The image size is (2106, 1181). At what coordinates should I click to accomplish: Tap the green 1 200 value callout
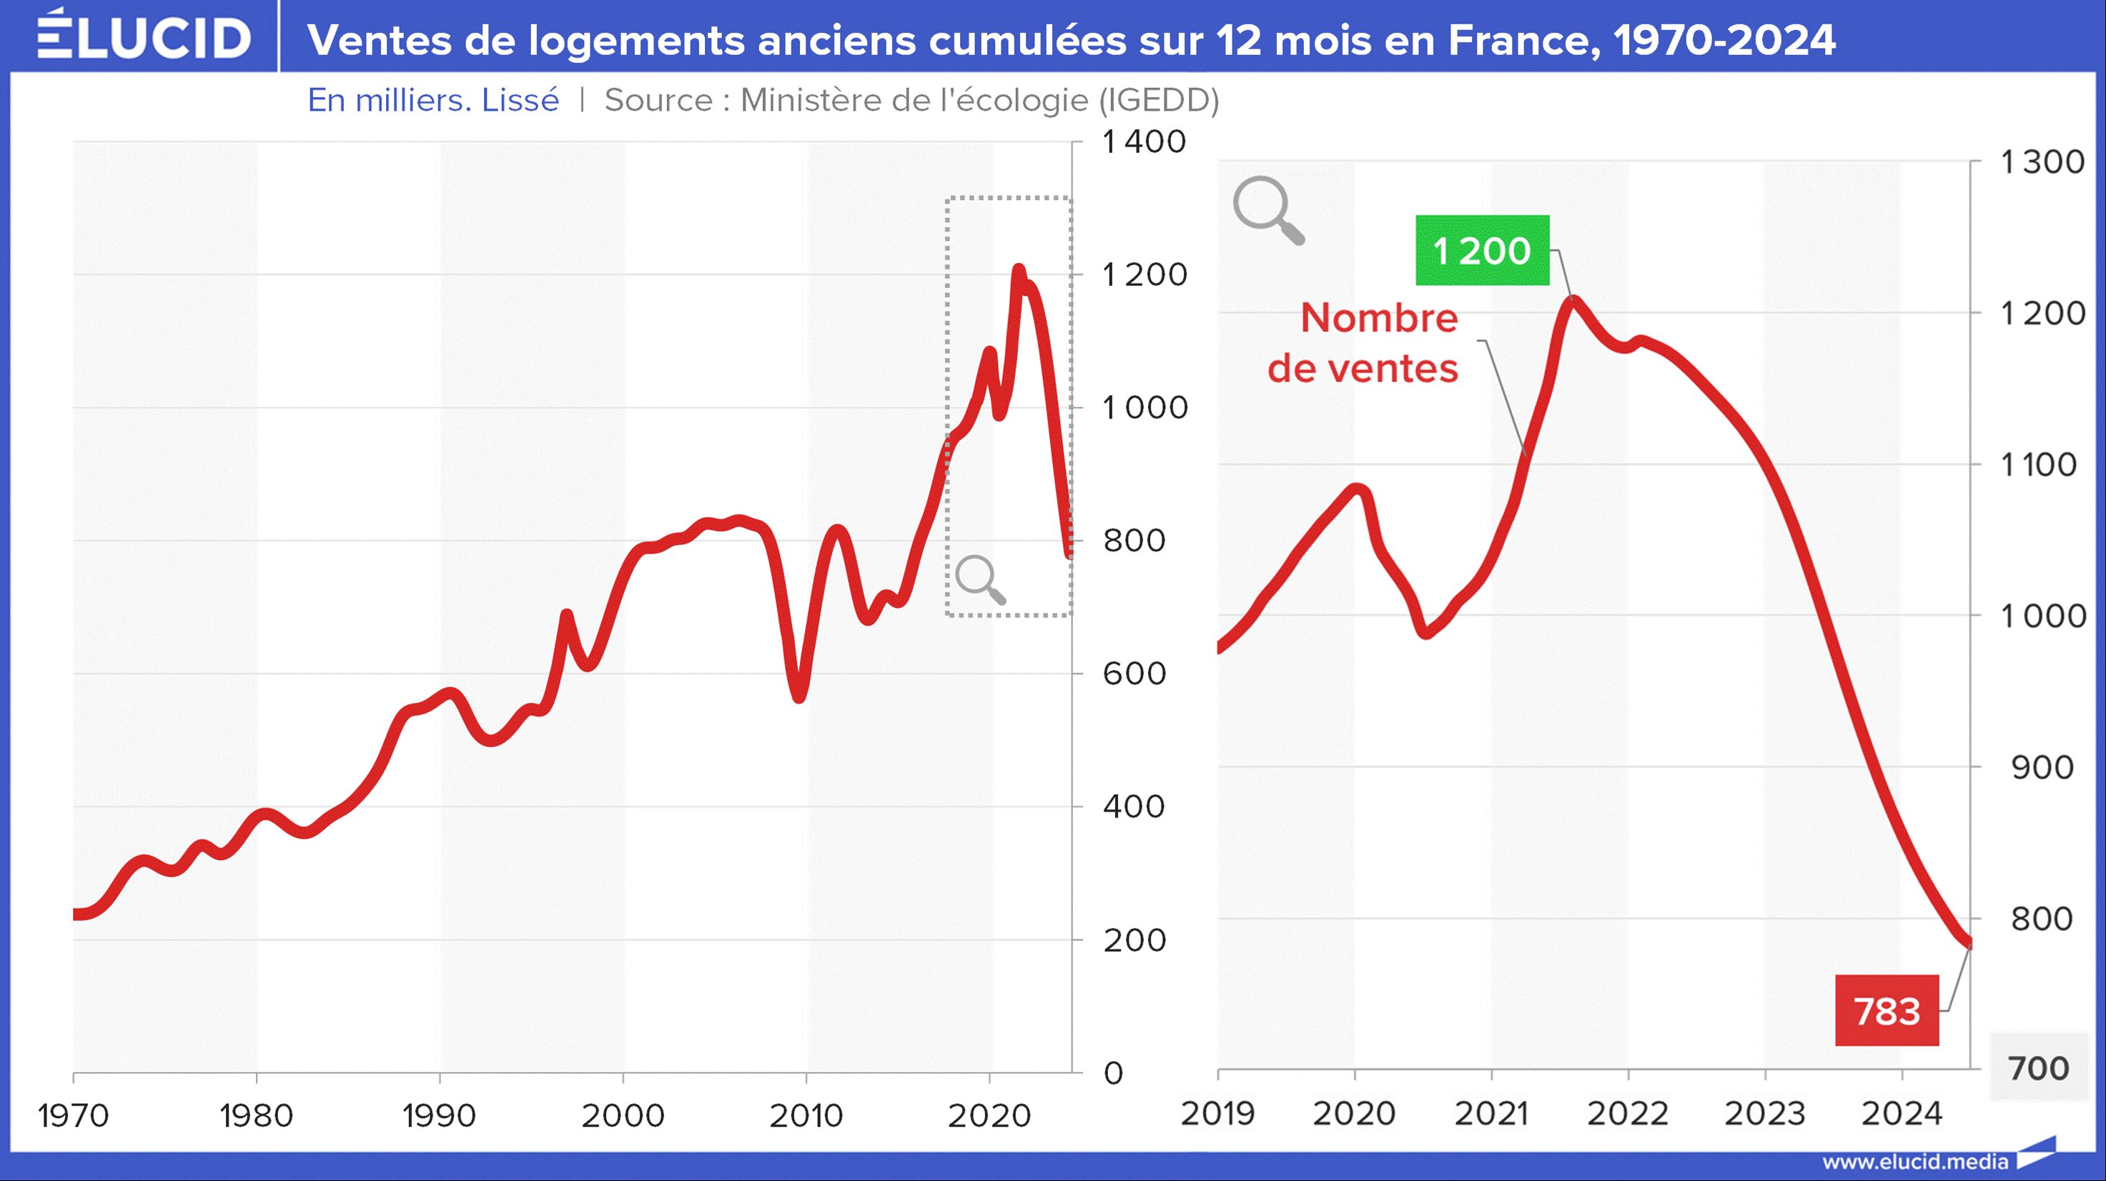(1481, 250)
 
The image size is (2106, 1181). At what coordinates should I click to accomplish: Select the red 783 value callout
(1886, 1011)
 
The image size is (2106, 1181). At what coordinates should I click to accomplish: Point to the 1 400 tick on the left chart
(1144, 141)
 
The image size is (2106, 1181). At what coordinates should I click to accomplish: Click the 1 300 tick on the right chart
(2042, 162)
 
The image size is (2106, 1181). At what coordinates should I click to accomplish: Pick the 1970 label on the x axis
(74, 1115)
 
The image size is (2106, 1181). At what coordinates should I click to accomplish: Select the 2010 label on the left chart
(806, 1115)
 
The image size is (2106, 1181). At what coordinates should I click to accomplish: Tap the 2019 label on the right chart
(1217, 1113)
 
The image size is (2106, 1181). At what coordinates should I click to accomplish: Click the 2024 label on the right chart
(1902, 1113)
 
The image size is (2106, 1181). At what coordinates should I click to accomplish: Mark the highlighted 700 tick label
(2040, 1068)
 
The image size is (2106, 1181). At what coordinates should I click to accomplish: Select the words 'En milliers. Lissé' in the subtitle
(433, 100)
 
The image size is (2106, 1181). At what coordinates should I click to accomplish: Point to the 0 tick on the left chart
(1114, 1072)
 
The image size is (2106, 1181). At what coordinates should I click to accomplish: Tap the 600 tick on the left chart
(1134, 674)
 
